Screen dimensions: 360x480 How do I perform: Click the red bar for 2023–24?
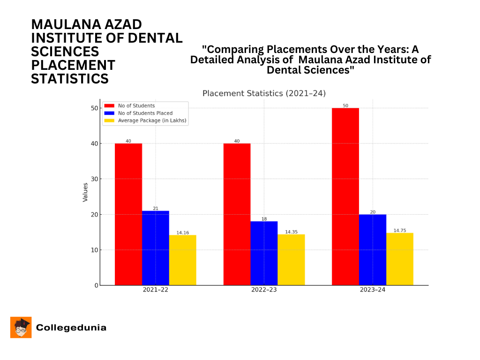pyautogui.click(x=345, y=196)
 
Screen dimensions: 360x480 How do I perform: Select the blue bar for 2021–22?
pyautogui.click(x=156, y=248)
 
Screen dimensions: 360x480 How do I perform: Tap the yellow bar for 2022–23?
pyautogui.click(x=291, y=260)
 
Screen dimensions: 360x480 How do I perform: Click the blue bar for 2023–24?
pyautogui.click(x=372, y=250)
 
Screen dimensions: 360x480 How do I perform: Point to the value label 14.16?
pyautogui.click(x=182, y=232)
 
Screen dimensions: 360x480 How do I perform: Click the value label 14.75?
pyautogui.click(x=399, y=231)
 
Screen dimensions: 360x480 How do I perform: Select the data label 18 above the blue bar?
pyautogui.click(x=264, y=219)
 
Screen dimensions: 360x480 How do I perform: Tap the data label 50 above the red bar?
pyautogui.click(x=345, y=105)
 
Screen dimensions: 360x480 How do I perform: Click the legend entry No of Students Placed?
pyautogui.click(x=145, y=113)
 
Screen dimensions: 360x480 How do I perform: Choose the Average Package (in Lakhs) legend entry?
pyautogui.click(x=152, y=120)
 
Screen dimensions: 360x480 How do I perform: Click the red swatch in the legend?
pyautogui.click(x=110, y=106)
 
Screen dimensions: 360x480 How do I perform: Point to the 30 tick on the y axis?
pyautogui.click(x=95, y=179)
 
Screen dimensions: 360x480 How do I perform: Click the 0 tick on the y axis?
pyautogui.click(x=96, y=285)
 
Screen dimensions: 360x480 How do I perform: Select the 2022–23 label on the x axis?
pyautogui.click(x=264, y=290)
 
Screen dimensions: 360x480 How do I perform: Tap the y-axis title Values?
pyautogui.click(x=85, y=192)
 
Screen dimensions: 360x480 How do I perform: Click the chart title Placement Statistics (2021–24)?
pyautogui.click(x=264, y=93)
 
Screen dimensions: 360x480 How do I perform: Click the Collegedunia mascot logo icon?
pyautogui.click(x=21, y=327)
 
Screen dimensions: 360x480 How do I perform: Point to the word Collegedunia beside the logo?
pyautogui.click(x=71, y=328)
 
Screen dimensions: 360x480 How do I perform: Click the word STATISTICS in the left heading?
pyautogui.click(x=70, y=79)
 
